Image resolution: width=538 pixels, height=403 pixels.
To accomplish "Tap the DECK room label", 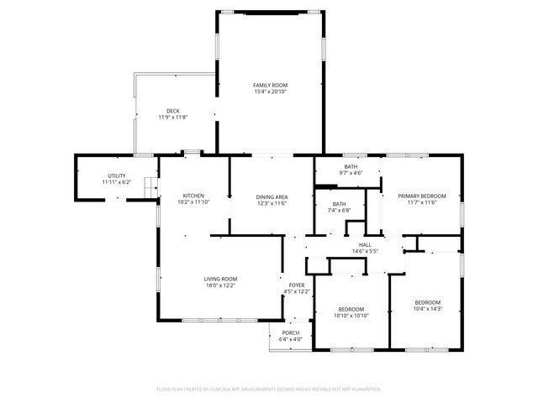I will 172,111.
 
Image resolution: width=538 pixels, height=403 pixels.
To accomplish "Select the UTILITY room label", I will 116,175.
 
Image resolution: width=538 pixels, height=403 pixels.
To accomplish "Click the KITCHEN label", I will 194,196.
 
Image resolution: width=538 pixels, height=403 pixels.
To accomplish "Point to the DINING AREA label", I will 272,196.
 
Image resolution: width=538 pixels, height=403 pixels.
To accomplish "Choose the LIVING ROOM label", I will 220,279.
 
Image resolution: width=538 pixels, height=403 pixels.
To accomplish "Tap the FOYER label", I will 297,285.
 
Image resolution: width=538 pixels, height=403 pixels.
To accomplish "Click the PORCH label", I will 291,333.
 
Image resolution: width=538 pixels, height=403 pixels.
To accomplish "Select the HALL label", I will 365,244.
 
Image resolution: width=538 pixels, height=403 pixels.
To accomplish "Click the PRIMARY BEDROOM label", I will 422,196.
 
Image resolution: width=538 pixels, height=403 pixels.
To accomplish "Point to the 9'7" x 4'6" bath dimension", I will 350,173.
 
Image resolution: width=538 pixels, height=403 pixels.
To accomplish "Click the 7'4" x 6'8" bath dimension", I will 339,210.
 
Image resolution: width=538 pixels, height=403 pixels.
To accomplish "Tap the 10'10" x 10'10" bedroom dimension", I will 351,315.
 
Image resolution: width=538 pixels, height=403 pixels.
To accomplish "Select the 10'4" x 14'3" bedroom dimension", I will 427,308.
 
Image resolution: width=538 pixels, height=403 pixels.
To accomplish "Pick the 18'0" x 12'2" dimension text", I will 220,285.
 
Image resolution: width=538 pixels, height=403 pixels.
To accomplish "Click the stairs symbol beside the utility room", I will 151,186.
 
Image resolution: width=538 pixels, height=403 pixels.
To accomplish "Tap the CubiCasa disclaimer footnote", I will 269,389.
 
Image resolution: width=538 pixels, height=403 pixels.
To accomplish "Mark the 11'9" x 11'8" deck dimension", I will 172,118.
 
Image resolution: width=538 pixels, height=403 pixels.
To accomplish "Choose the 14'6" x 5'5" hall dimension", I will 365,251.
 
